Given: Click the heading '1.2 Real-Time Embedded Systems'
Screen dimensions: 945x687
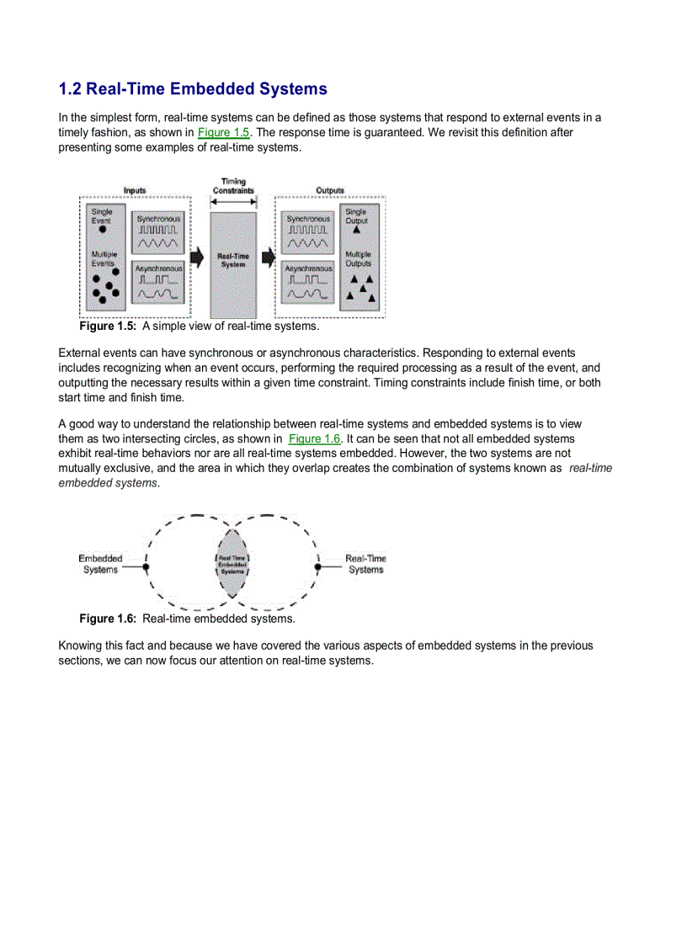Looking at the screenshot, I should pos(193,89).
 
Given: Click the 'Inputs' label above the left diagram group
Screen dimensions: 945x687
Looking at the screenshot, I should pos(135,191).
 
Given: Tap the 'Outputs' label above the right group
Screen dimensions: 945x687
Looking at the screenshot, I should pos(330,191).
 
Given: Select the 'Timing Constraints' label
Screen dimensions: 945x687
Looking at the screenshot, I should pos(233,186).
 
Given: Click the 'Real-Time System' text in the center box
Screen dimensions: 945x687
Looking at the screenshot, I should pos(233,260).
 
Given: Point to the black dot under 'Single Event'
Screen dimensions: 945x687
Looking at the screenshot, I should pos(102,229).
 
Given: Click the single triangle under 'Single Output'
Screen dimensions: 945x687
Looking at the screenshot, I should pos(356,229).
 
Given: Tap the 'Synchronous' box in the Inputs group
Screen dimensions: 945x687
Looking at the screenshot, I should pos(157,231).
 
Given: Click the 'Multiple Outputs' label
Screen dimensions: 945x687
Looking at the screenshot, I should pos(358,258).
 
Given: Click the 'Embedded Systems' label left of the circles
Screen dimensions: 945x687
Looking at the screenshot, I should pos(100,564).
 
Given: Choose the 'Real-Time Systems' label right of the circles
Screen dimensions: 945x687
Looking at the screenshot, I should pos(365,564).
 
